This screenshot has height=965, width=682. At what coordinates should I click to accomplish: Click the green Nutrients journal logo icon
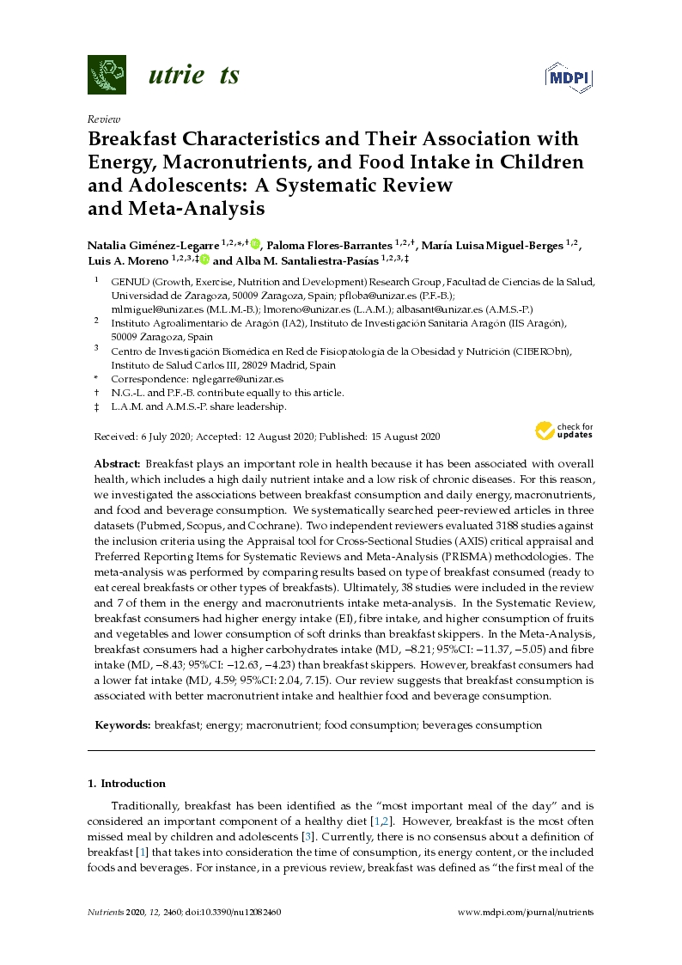[107, 75]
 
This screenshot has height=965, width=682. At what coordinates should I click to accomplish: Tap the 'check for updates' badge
[564, 430]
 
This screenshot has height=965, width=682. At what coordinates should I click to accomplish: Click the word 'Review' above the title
[104, 119]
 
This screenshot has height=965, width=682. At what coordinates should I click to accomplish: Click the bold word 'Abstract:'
[118, 462]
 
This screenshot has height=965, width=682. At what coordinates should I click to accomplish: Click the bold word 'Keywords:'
[123, 725]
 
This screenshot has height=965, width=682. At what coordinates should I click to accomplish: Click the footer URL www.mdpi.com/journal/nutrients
[526, 911]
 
